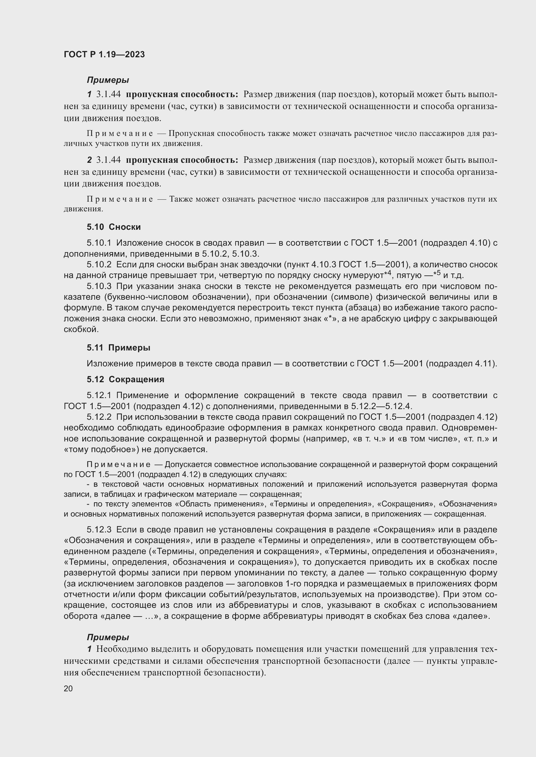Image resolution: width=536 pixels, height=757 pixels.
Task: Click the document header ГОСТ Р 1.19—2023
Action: click(x=104, y=55)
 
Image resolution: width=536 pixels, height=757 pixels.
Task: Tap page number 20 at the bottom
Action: click(x=68, y=688)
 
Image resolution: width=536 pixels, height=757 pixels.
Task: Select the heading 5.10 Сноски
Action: click(x=114, y=227)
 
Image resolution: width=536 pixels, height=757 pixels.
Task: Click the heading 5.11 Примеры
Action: click(x=119, y=348)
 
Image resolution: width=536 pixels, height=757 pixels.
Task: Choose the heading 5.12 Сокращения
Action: click(x=125, y=380)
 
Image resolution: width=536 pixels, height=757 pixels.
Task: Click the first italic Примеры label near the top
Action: click(x=108, y=80)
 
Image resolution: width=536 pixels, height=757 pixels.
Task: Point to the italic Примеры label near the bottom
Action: click(x=108, y=637)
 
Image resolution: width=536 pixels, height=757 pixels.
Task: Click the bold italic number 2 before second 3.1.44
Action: click(x=89, y=160)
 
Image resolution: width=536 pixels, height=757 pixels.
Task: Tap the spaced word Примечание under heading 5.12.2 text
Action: click(x=119, y=465)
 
